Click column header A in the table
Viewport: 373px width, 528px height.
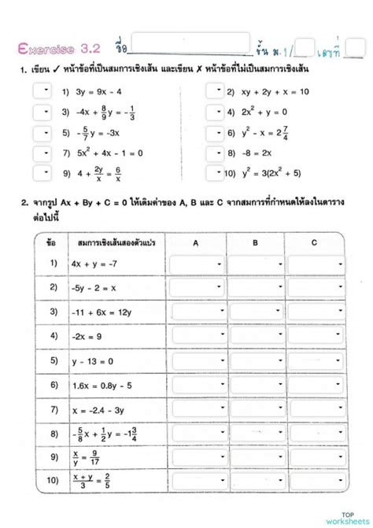[x=196, y=242]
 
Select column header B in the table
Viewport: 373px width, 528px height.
[x=255, y=242]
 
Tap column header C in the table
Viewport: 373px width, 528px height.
[x=314, y=242]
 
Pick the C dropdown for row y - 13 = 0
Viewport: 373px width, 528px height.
[x=314, y=360]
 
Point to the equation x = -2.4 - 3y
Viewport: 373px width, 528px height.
[x=98, y=409]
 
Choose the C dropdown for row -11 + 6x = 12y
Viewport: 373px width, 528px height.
[x=314, y=312]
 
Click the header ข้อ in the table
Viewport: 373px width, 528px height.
[x=51, y=242]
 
